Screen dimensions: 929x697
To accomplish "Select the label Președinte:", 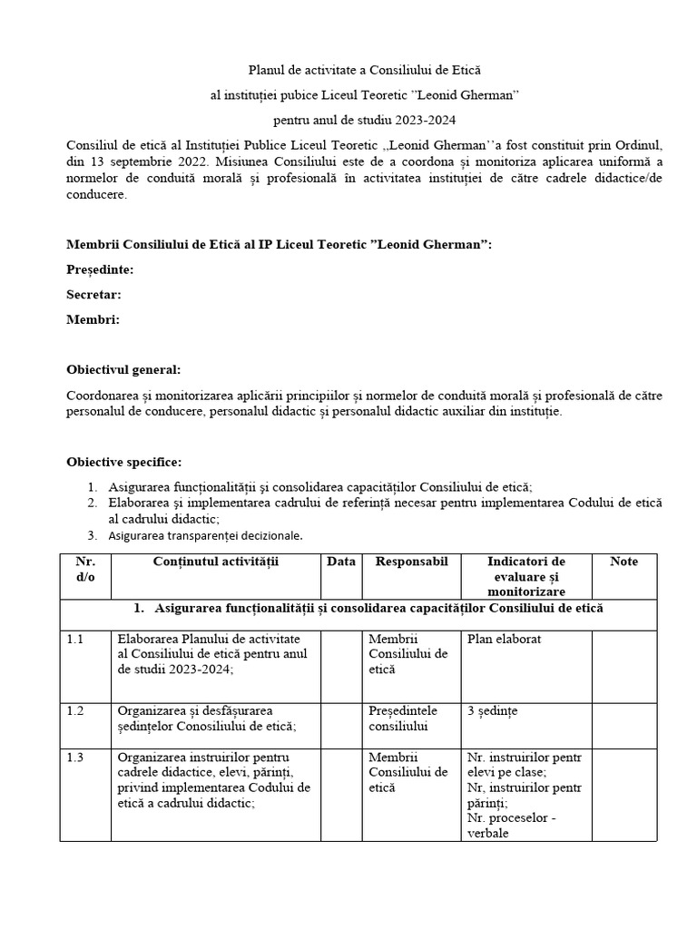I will click(100, 269).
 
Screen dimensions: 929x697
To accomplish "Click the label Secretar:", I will click(93, 294).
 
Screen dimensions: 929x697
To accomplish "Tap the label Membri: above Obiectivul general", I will click(93, 318).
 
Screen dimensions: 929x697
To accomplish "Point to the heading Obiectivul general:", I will click(123, 370).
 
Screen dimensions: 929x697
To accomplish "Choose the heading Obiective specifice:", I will click(123, 462).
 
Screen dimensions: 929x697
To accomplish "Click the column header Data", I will click(341, 562).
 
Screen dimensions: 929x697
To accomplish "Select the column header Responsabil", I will click(411, 562).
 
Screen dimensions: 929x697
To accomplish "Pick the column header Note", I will click(623, 562).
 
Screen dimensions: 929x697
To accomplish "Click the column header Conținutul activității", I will click(216, 562).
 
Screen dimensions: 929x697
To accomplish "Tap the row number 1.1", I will click(75, 639).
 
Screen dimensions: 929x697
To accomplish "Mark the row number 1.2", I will click(75, 709).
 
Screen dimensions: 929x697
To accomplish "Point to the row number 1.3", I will click(75, 757).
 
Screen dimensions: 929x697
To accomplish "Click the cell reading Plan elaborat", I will click(504, 639).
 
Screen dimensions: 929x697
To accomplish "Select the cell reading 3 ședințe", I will click(492, 709).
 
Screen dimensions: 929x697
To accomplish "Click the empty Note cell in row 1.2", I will click(623, 724).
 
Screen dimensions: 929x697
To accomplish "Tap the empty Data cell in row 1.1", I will click(341, 664).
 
